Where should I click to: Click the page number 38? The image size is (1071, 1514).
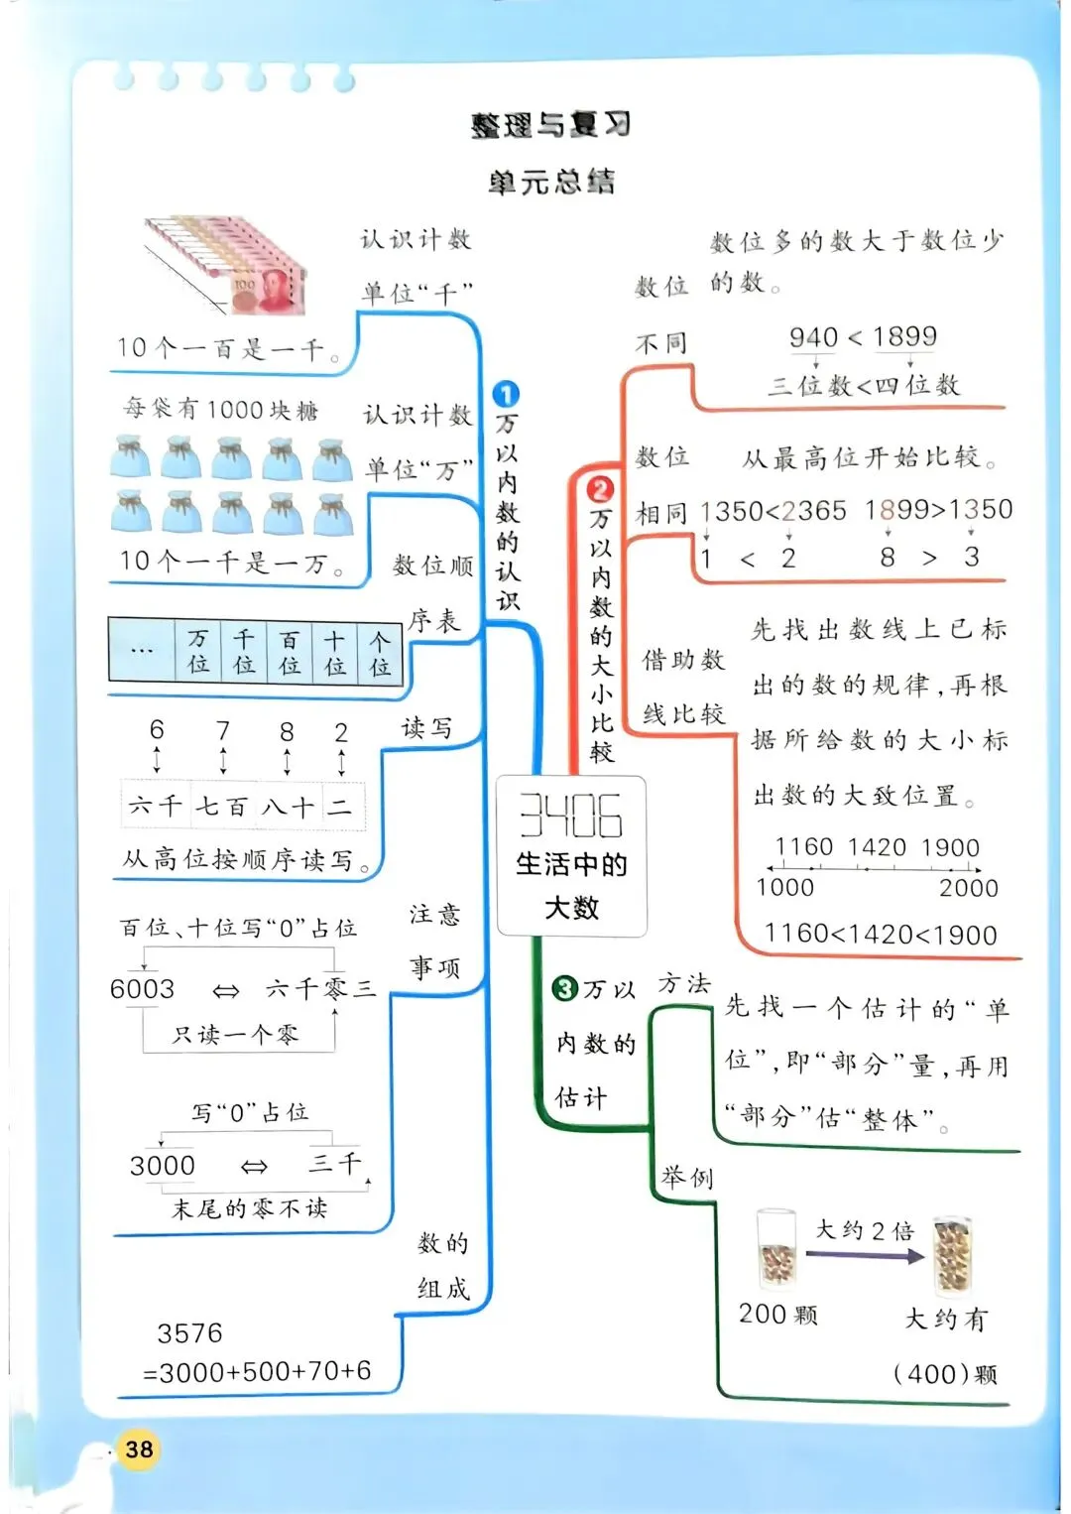pos(139,1450)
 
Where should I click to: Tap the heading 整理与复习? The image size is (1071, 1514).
pos(551,125)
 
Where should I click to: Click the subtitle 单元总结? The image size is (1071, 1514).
pos(551,182)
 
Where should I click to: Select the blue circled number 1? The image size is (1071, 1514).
pos(506,395)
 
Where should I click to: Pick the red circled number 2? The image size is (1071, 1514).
pos(600,489)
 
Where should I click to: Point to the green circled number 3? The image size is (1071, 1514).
pos(565,988)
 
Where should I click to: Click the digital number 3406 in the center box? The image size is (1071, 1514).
pos(571,816)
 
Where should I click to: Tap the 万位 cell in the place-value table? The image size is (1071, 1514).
pos(198,652)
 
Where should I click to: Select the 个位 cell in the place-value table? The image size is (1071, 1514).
pos(380,652)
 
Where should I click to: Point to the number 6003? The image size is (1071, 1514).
pos(142,989)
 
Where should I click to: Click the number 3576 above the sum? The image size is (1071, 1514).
pos(189,1333)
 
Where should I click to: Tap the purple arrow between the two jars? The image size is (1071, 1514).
pos(864,1256)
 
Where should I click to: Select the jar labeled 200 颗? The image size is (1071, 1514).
pos(776,1250)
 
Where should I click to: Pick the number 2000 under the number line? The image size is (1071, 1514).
pos(968,888)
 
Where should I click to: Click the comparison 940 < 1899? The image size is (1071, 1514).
pos(863,337)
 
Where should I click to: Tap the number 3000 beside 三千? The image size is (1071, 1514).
pos(163,1166)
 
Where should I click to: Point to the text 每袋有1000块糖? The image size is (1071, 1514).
pos(220,410)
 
